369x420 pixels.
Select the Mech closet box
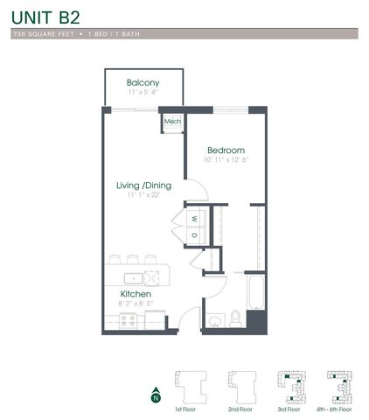pyautogui.click(x=171, y=122)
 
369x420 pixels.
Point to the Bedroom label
pyautogui.click(x=226, y=150)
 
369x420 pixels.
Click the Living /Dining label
pyautogui.click(x=144, y=185)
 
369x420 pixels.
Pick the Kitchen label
pyautogui.click(x=136, y=294)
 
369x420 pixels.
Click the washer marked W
pyautogui.click(x=194, y=218)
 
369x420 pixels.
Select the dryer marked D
pyautogui.click(x=194, y=234)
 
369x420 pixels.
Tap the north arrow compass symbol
pyautogui.click(x=156, y=394)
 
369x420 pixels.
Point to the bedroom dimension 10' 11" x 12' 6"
pyautogui.click(x=226, y=160)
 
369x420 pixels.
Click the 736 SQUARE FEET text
pyautogui.click(x=42, y=33)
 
